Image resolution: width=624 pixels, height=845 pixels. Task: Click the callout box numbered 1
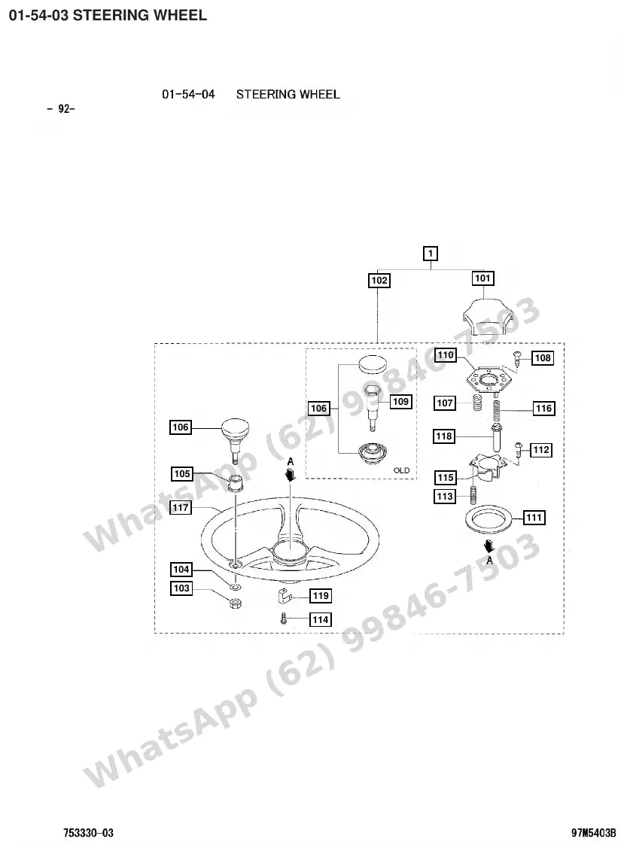click(x=430, y=254)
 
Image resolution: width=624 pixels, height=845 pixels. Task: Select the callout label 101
click(x=482, y=278)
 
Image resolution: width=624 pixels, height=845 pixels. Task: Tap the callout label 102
click(x=379, y=280)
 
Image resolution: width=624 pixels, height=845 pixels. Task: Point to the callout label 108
click(x=543, y=358)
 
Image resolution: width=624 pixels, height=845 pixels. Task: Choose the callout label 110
click(x=446, y=355)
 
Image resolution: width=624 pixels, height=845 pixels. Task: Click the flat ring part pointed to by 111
click(x=489, y=518)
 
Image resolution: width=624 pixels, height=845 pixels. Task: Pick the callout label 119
click(x=321, y=595)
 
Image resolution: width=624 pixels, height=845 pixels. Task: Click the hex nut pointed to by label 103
click(x=235, y=603)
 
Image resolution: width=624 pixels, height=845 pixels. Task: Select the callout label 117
click(x=181, y=507)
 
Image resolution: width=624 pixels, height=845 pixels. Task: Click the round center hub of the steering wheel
click(x=289, y=552)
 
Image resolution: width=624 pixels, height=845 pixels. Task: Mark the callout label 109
click(x=400, y=402)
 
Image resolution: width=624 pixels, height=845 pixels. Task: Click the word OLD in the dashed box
click(x=402, y=470)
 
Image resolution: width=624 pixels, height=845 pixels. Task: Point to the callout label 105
click(x=181, y=474)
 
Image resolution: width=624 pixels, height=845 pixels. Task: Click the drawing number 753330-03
click(x=89, y=833)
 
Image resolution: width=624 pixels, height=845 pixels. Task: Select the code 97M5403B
click(x=594, y=833)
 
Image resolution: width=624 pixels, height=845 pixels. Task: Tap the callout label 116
click(x=543, y=408)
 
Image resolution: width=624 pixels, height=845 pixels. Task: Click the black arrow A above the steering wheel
click(x=291, y=473)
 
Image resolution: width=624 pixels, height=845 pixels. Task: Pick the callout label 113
click(x=445, y=497)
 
